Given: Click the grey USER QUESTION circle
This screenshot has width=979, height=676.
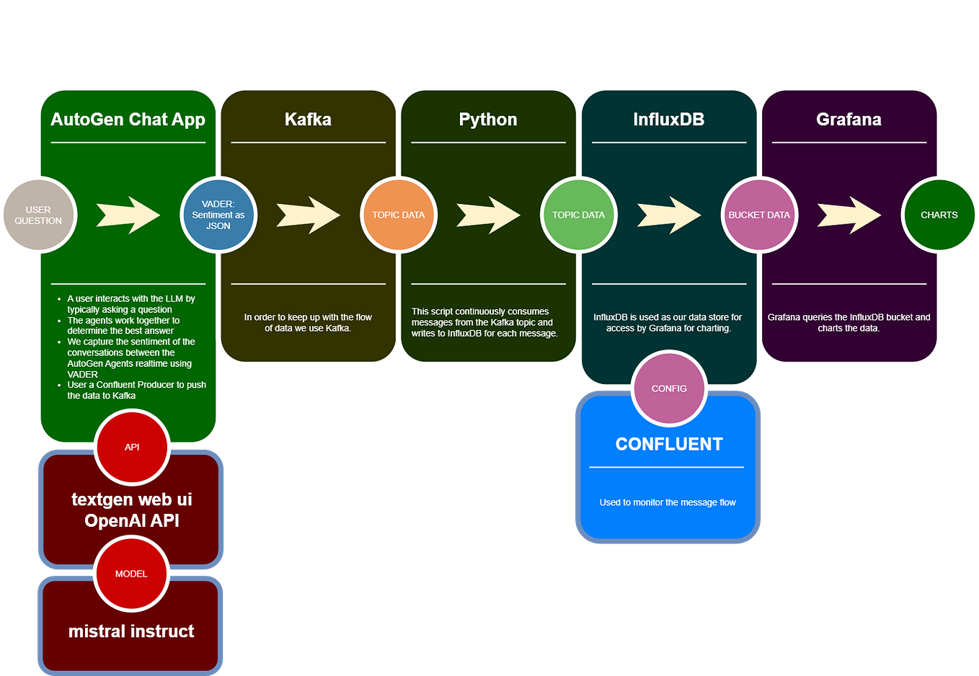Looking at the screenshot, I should click(38, 215).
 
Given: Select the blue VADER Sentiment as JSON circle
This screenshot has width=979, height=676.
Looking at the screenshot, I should click(218, 215).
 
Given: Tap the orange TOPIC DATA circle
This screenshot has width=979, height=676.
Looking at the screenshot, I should click(398, 215).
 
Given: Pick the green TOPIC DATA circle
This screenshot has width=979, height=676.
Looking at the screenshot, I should click(578, 215).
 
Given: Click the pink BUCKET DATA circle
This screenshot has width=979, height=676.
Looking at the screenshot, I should click(758, 215).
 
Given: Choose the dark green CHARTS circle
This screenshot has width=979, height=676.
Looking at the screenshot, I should click(939, 215).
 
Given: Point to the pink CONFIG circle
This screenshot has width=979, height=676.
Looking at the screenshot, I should click(669, 388).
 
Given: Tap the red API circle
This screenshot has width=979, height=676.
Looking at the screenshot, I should click(132, 447).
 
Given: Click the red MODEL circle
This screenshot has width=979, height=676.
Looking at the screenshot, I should click(131, 574).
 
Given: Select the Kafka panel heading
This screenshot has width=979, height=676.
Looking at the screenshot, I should click(308, 120).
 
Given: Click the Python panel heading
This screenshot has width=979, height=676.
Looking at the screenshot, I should click(488, 120).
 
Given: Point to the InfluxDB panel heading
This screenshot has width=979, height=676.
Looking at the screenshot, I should click(668, 120).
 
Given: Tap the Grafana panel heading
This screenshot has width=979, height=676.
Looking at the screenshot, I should click(849, 120).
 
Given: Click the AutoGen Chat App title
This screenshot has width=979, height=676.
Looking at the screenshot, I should click(128, 120).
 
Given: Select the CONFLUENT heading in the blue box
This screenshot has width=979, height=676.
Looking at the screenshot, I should click(668, 444).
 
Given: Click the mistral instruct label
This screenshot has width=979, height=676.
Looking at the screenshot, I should click(131, 631).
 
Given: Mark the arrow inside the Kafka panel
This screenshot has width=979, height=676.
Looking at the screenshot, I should click(308, 215).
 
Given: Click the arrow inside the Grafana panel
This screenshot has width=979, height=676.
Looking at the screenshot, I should click(849, 215).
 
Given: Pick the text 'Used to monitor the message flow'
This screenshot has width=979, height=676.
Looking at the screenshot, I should click(668, 502).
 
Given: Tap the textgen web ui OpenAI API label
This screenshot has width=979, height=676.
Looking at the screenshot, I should click(131, 510).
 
